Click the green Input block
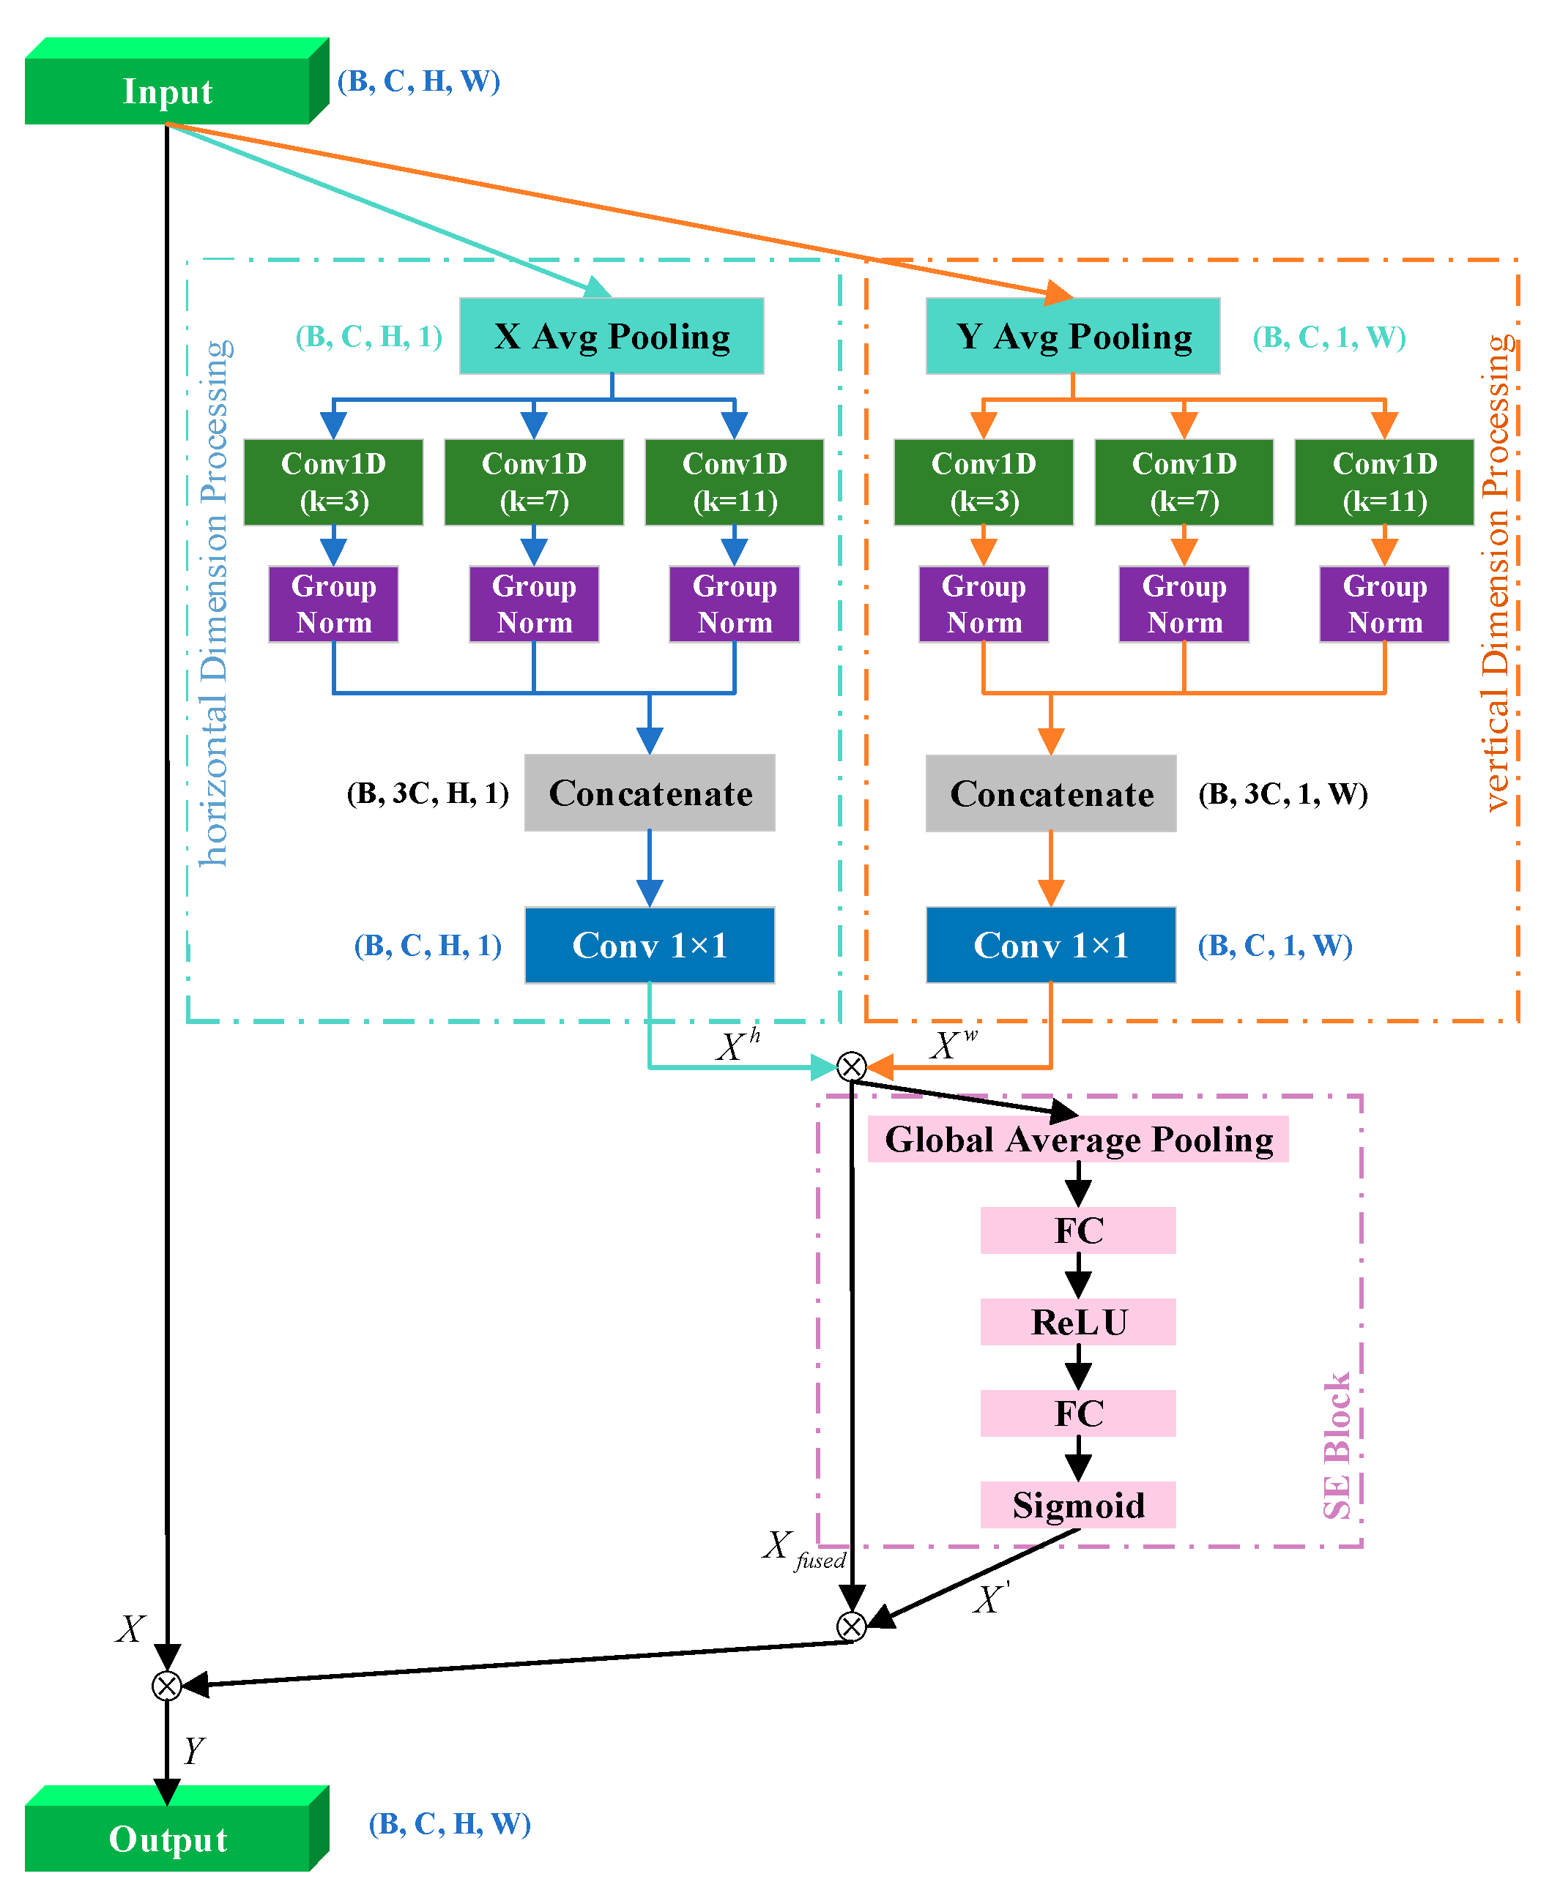167,90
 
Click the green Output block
167,1838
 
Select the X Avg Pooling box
611,336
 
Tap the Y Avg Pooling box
1072,336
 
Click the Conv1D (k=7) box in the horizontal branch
534,482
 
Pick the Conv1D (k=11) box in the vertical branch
1384,482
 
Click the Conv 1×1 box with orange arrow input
1050,945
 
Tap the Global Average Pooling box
1077,1139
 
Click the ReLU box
1077,1321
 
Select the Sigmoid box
1077,1505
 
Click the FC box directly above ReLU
1077,1230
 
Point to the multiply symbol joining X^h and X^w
851,1066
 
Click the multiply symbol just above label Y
167,1685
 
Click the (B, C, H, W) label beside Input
419,81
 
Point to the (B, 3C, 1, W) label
1282,794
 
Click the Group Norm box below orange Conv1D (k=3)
983,604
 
